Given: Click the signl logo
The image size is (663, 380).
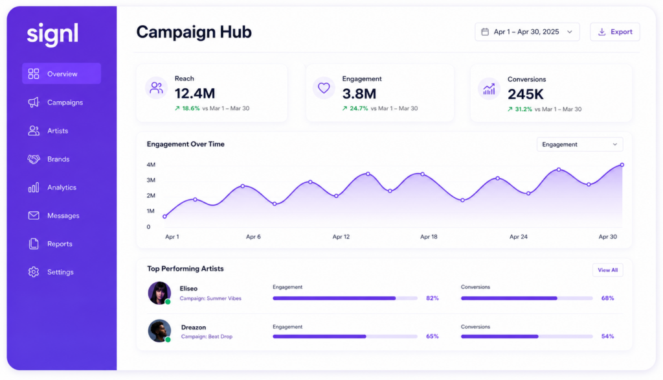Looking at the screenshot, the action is (x=52, y=34).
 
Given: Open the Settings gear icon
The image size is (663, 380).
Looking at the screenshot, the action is (x=34, y=272).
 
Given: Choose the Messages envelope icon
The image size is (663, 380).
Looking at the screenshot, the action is (x=34, y=216).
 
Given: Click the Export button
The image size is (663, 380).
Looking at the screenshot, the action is (x=615, y=32).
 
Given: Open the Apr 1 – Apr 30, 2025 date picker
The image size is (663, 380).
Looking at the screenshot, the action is (x=527, y=32).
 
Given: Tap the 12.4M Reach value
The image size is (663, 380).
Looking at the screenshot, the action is (x=195, y=93).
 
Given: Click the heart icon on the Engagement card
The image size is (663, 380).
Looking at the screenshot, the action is (x=324, y=88).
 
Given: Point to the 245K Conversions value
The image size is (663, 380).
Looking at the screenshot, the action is (x=526, y=95).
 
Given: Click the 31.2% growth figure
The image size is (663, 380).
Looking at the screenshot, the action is (x=523, y=110).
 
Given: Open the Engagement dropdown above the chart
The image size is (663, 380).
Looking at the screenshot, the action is (x=579, y=145).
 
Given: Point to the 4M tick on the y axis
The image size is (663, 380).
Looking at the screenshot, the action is (x=151, y=164).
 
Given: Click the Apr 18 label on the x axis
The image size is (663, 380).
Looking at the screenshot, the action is (x=429, y=237).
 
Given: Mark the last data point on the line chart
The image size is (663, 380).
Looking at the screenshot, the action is (x=622, y=165).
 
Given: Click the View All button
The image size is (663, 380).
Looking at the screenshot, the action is (x=607, y=270).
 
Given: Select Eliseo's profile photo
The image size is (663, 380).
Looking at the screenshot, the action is (x=159, y=292).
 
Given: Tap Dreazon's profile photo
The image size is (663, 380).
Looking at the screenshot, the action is (x=159, y=331).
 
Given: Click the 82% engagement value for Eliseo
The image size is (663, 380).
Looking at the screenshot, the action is (x=432, y=298).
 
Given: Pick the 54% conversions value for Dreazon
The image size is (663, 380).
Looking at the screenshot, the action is (x=607, y=337).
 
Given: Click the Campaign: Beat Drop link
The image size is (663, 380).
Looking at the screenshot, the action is (x=207, y=337).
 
